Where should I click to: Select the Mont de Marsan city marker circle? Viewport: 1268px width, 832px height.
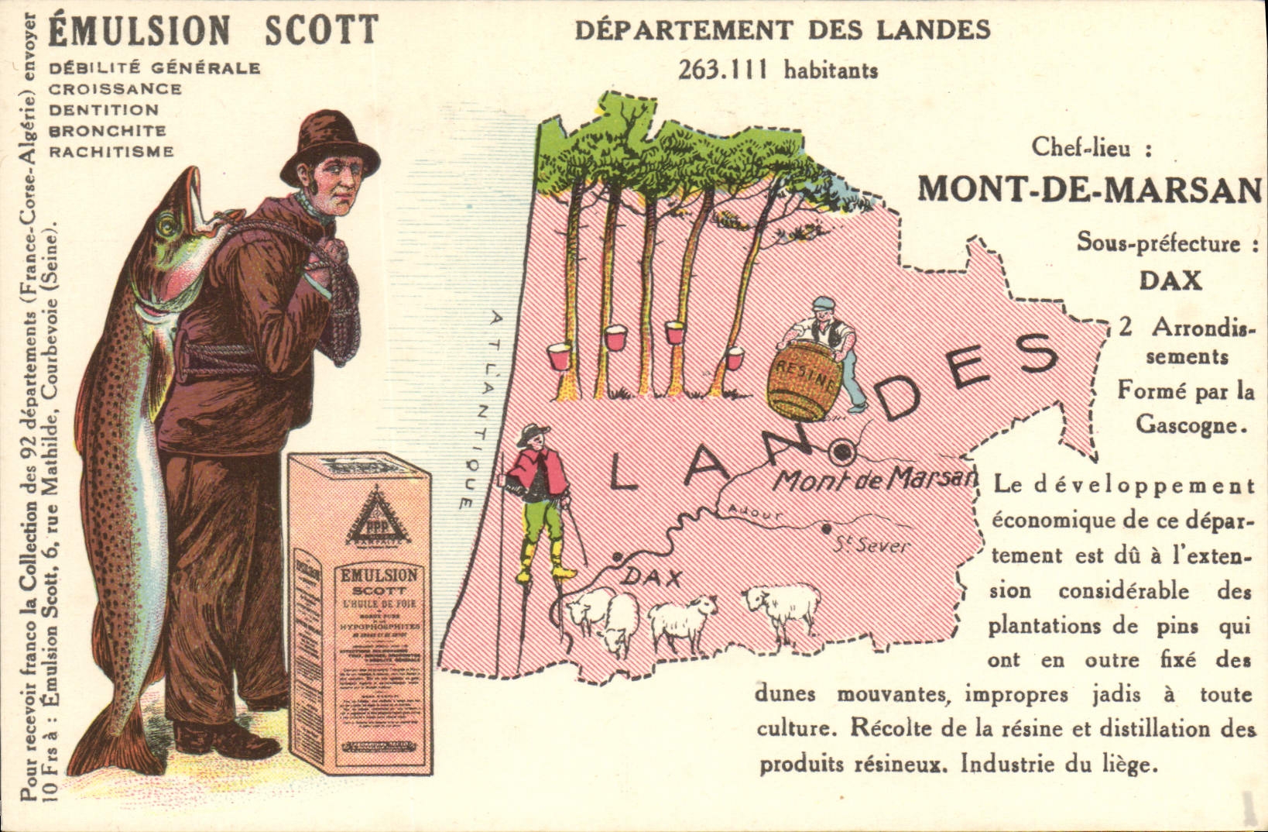tap(841, 450)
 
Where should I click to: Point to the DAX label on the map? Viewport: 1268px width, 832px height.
tap(653, 577)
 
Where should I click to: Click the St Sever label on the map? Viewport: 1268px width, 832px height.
tap(872, 545)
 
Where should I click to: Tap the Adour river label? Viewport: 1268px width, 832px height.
tap(755, 512)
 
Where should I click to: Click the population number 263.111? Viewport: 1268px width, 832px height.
tap(723, 70)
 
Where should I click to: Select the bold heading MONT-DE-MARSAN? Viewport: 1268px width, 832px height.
tap(1089, 188)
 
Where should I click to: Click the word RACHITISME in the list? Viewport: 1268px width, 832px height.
tap(111, 151)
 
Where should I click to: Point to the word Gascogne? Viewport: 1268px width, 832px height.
tap(1191, 425)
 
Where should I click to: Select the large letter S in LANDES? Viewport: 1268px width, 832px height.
tap(1034, 357)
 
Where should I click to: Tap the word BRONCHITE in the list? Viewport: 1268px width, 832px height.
tap(108, 131)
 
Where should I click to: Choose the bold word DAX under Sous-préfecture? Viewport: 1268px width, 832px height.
tap(1170, 280)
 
